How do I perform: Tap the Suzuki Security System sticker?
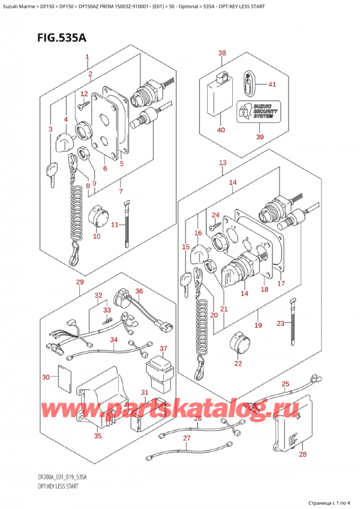click(x=256, y=110)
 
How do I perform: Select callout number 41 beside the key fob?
click(x=272, y=84)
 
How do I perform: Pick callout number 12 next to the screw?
click(x=84, y=94)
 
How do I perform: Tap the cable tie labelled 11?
click(x=127, y=224)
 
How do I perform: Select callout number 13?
click(x=223, y=163)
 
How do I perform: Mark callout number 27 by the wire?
click(x=187, y=438)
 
